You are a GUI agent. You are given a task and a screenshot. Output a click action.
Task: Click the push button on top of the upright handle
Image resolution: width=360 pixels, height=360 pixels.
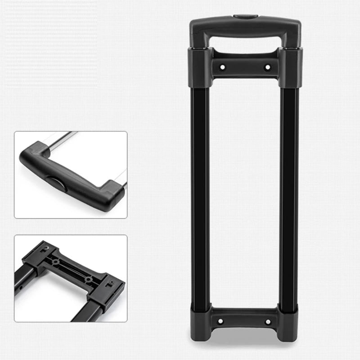click(245, 17)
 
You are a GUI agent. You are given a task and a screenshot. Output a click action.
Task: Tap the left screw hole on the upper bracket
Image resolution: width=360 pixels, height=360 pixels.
click(222, 67)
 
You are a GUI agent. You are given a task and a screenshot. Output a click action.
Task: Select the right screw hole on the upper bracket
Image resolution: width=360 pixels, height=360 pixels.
click(268, 67)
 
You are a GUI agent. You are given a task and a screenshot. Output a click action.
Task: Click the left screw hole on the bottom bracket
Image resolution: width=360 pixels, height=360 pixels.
click(220, 321)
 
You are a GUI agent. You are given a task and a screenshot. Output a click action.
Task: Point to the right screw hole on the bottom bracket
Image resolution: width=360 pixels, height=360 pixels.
click(268, 321)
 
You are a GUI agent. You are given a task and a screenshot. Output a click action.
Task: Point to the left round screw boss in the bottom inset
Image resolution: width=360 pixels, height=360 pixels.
click(56, 262)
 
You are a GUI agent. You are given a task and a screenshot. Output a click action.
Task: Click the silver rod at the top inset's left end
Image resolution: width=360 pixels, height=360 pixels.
click(61, 138)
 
